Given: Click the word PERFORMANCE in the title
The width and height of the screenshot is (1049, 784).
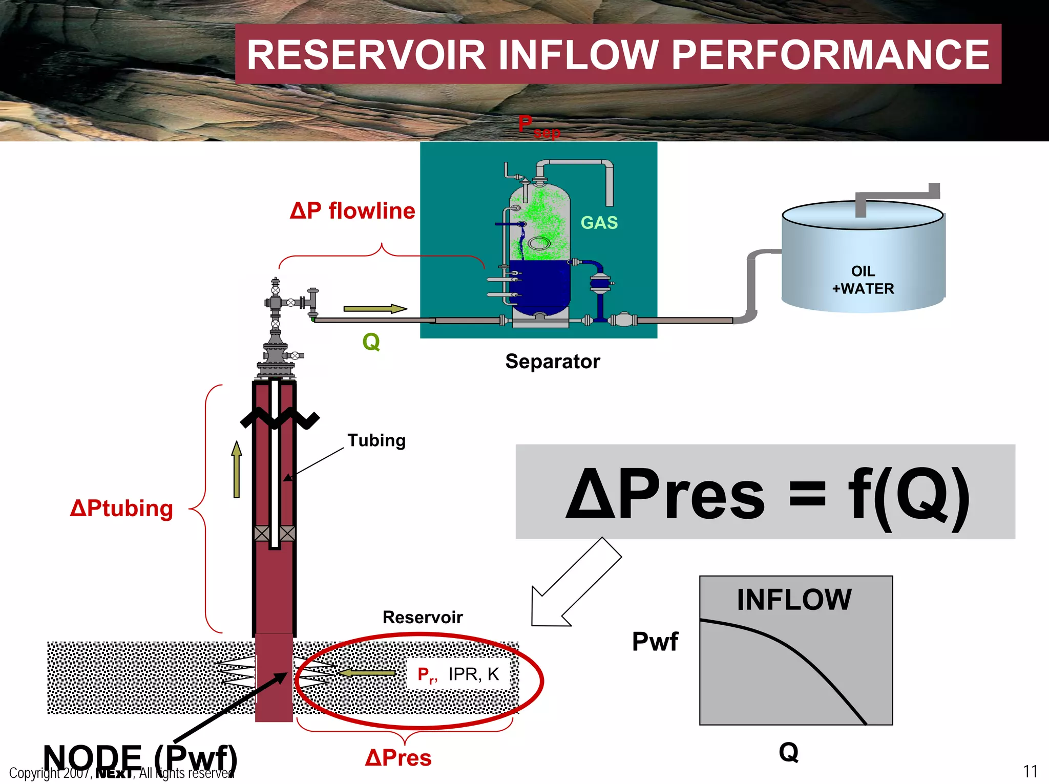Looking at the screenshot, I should coord(830,55).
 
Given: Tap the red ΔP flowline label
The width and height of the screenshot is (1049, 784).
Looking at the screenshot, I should coord(352,211).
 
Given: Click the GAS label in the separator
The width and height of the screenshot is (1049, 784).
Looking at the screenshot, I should coord(599,223).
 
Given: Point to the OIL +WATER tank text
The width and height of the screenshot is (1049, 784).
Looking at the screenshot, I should coord(863,280).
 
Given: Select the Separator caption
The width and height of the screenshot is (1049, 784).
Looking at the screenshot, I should coord(552,362).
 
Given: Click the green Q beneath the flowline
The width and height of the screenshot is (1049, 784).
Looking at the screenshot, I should coord(371,342).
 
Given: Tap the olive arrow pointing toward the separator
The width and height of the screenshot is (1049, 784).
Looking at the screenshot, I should coord(374,309).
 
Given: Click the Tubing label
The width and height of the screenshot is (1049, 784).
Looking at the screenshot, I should coord(376,440).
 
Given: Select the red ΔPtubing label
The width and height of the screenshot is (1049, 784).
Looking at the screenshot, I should coord(121,508).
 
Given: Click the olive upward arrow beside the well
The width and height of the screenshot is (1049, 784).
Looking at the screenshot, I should coord(236,470).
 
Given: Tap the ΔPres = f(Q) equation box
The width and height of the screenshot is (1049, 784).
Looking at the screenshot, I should coord(765,492).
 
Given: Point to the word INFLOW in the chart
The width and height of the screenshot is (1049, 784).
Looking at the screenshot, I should coord(794,600).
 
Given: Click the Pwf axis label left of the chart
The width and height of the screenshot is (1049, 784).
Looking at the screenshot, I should coord(655,642).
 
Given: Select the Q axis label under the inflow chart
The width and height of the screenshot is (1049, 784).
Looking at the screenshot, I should coord(788,752).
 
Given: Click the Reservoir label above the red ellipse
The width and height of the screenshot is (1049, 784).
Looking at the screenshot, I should coord(423,617).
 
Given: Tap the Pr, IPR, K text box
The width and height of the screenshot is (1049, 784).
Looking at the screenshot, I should coord(458,674).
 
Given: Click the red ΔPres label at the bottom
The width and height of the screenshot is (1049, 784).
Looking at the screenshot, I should coord(398,758).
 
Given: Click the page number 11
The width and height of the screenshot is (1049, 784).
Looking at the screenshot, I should coord(1030,771).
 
